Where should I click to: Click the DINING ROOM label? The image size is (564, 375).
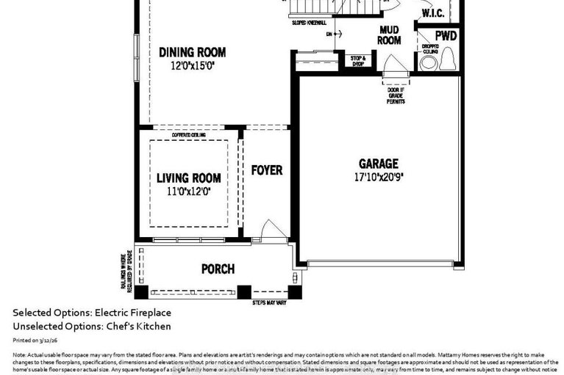(192, 53)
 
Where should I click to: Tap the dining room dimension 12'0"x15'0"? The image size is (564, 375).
(192, 66)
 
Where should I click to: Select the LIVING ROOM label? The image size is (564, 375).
(189, 178)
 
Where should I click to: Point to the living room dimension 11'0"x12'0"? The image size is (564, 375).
(189, 192)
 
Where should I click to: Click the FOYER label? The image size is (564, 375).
(266, 170)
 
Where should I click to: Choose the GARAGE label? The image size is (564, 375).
(378, 164)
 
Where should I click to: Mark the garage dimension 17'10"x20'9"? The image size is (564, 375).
(378, 177)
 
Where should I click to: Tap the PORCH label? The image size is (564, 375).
(218, 269)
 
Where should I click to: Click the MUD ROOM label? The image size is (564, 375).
(389, 35)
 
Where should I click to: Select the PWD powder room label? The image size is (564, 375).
(446, 36)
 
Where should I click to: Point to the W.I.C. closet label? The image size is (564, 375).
(430, 13)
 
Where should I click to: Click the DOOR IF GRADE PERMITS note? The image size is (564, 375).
(396, 95)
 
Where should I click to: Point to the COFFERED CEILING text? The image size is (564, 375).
(188, 135)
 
